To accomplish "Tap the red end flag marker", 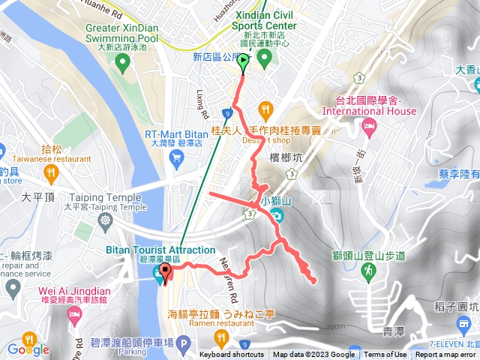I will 165,272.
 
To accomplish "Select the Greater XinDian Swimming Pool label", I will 122,34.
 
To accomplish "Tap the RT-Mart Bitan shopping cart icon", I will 176,156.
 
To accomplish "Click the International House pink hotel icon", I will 367,127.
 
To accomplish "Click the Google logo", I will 28,349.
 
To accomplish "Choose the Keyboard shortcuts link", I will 231,355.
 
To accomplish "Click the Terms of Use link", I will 385,355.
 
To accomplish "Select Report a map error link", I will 445,355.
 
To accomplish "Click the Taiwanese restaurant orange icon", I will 51,173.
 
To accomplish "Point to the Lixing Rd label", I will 201,107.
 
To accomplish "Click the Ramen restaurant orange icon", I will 220,337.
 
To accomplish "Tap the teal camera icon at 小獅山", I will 278,217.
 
